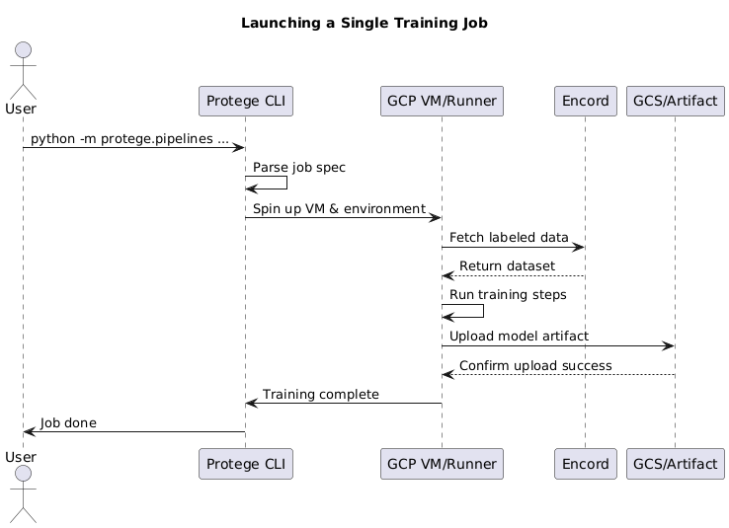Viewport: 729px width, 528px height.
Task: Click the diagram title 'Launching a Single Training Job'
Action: [364, 23]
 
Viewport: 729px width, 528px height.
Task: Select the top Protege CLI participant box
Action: [246, 101]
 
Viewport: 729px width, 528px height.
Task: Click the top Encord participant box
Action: [585, 101]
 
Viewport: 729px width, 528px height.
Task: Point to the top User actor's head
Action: [23, 52]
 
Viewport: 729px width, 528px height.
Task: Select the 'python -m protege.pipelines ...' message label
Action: [129, 139]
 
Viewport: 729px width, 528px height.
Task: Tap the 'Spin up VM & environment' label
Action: [339, 209]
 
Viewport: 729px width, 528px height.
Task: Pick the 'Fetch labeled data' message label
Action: [509, 238]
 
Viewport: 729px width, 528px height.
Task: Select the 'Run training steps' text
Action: [508, 295]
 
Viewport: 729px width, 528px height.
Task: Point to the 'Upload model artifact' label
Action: [520, 337]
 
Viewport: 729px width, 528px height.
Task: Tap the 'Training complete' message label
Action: [321, 395]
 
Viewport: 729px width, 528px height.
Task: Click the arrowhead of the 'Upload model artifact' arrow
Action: [669, 345]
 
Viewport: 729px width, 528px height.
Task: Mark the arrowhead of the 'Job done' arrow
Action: [29, 431]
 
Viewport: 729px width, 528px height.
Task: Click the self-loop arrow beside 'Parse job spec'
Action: [286, 183]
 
